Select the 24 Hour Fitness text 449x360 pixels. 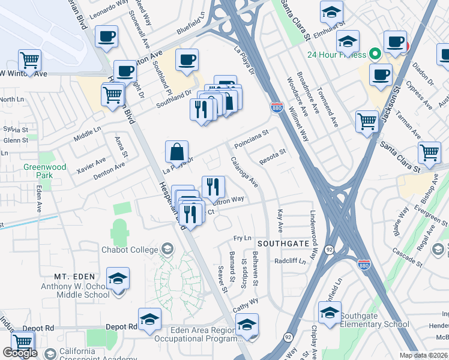[336, 55]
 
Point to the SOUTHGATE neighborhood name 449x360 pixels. [283, 244]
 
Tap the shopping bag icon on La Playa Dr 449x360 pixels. [177, 152]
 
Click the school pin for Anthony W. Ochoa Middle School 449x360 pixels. [118, 278]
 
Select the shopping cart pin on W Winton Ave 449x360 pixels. [29, 60]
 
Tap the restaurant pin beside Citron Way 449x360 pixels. [213, 187]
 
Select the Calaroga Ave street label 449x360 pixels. [244, 172]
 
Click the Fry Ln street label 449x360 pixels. [243, 239]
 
